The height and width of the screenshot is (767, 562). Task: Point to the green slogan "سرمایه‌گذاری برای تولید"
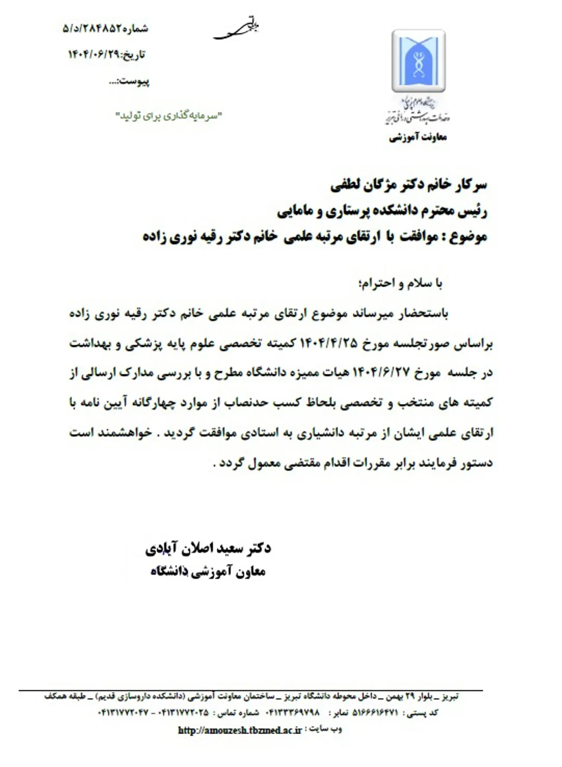pos(169,116)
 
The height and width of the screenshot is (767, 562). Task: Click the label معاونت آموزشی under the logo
pos(418,138)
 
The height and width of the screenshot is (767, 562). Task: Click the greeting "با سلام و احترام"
pos(400,283)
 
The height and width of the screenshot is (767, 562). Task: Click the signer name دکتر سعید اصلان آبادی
pos(208,549)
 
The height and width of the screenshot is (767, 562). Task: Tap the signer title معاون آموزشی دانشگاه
pos(208,572)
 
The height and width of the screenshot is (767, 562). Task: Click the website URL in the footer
pos(239,731)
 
